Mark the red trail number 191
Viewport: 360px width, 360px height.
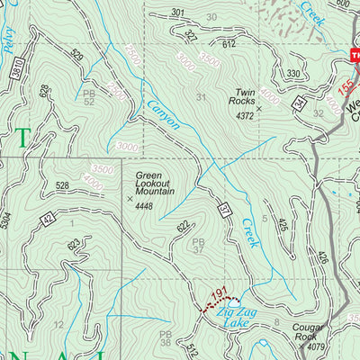pyautogui.click(x=216, y=294)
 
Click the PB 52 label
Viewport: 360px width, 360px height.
pyautogui.click(x=88, y=97)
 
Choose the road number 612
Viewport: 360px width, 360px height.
pyautogui.click(x=229, y=43)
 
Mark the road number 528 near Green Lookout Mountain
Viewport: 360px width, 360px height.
pyautogui.click(x=62, y=185)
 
